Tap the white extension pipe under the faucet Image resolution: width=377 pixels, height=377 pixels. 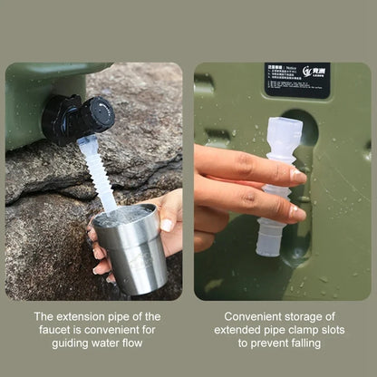99,172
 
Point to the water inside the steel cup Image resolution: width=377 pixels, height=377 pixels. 125,217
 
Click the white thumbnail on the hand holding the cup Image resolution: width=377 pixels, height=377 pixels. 167,224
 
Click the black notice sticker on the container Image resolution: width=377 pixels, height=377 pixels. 297,80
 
